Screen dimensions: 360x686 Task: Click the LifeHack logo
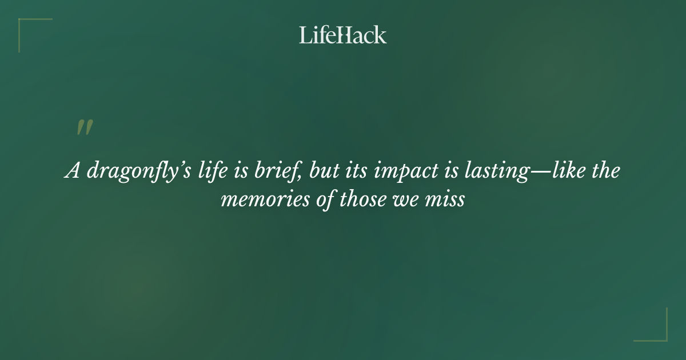tap(343, 35)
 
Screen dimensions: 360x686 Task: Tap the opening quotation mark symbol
tap(84, 128)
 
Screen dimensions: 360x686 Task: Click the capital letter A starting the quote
tap(72, 171)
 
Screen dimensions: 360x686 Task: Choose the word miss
tap(449, 201)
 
